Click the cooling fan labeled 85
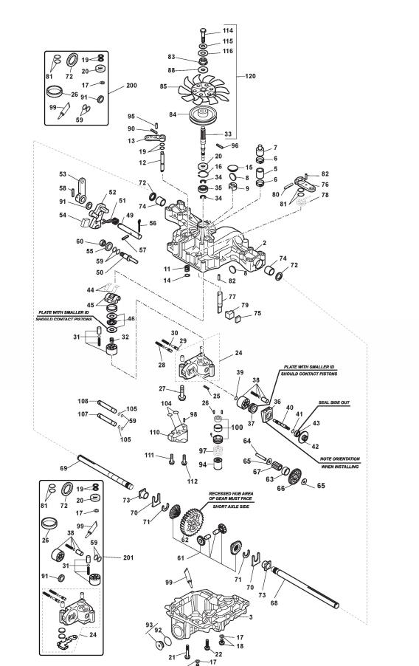tap(204, 89)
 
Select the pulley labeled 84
tap(204, 115)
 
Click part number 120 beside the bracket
tap(251, 76)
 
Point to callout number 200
tap(131, 86)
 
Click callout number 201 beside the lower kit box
tap(128, 557)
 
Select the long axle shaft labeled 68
tap(305, 588)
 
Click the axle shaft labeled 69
tap(105, 473)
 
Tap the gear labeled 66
tap(294, 476)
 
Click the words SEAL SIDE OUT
tap(334, 402)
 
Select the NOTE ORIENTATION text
tap(339, 459)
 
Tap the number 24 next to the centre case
tap(238, 352)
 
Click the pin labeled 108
tap(107, 407)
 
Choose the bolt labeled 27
tap(182, 392)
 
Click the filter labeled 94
tap(218, 464)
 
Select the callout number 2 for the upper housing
tap(264, 243)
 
